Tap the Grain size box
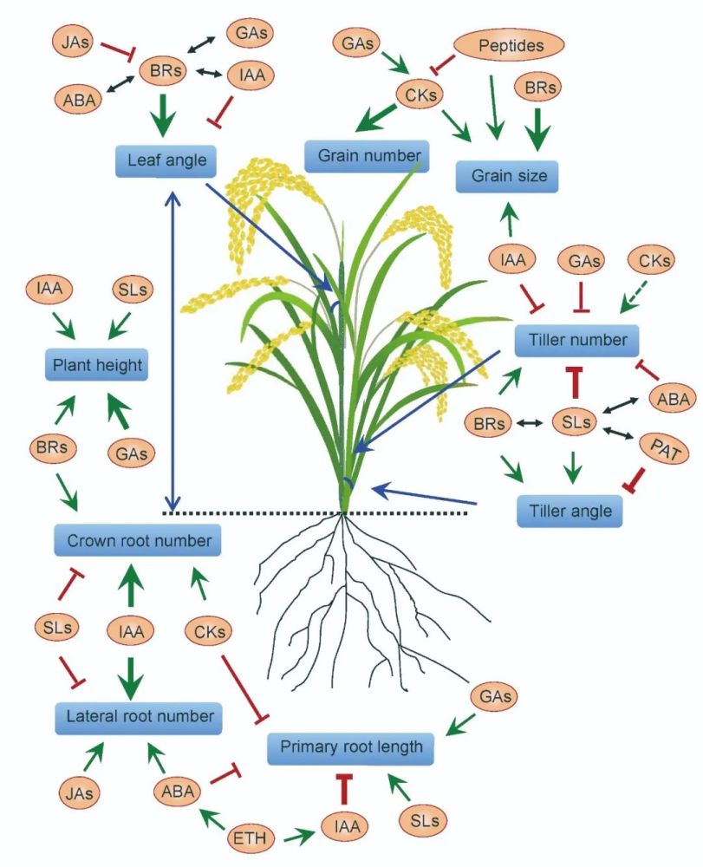pos(508,176)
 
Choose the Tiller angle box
pos(570,511)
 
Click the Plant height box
pos(95,364)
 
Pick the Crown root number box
pos(137,541)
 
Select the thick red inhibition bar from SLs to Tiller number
pos(572,382)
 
